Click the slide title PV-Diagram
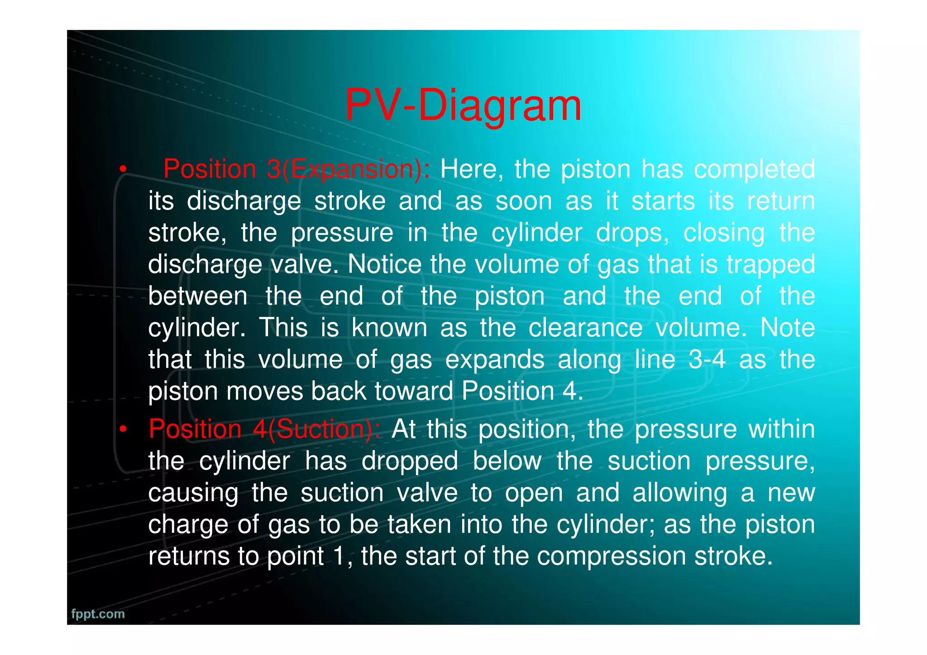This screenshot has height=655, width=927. point(463,105)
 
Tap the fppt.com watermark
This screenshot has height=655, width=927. point(98,614)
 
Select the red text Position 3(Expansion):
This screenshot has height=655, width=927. point(296,169)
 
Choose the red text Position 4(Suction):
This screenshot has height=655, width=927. point(265,429)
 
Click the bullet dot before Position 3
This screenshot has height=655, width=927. point(122,170)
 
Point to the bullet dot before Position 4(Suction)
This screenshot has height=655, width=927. point(122,429)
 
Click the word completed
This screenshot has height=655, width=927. point(754,169)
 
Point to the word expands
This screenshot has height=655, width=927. point(494,360)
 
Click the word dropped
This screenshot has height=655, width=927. point(410,462)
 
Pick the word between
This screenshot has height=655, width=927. point(198,296)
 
